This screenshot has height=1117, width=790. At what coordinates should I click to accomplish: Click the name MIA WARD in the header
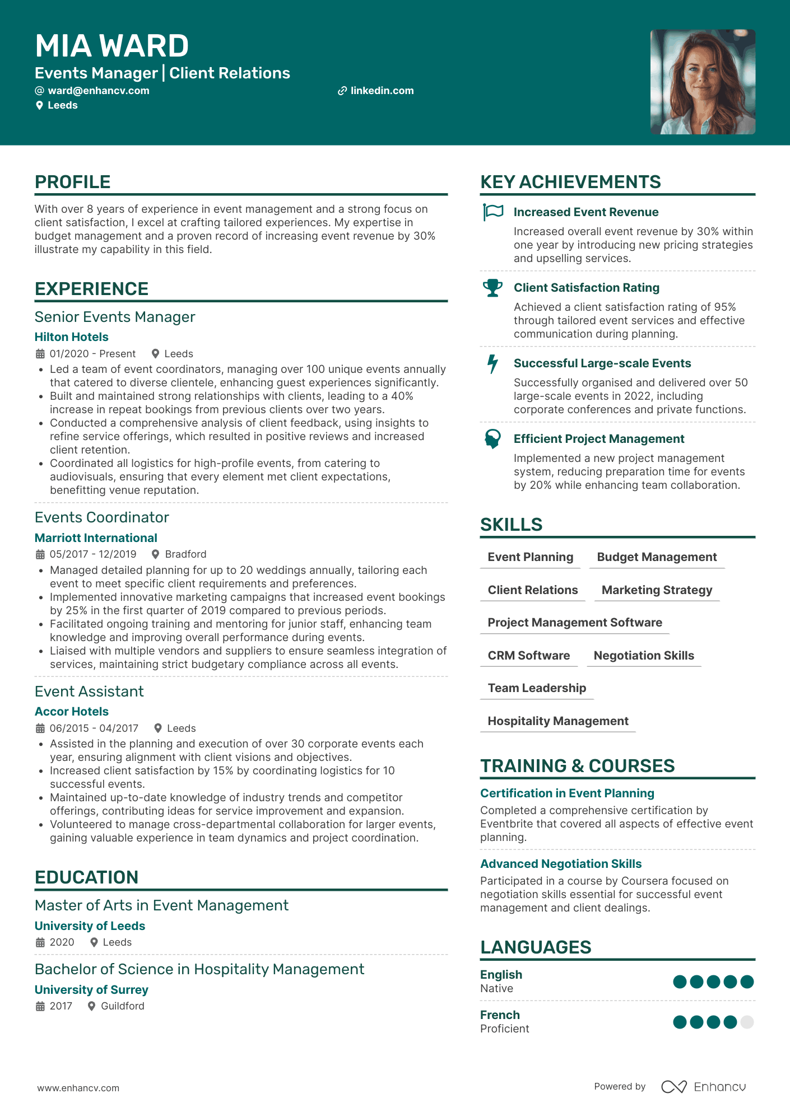point(111,46)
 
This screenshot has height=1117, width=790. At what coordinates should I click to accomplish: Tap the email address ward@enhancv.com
point(98,91)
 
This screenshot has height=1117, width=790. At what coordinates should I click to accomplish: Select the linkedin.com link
point(382,91)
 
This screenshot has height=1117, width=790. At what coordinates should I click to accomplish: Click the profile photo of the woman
point(702,82)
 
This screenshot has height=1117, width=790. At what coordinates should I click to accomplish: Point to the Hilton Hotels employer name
point(71,337)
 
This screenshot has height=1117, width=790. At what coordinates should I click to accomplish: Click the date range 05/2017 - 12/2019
point(93,554)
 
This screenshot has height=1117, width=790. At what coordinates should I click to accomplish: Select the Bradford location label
point(185,554)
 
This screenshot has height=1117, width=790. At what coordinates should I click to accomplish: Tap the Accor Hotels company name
point(71,712)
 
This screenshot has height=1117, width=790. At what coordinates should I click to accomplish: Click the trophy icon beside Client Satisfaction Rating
point(492,288)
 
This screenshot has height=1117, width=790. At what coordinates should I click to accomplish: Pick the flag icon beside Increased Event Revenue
point(493,212)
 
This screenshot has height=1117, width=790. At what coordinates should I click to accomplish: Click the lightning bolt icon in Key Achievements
point(492,364)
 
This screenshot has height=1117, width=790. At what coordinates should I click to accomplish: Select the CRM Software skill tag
point(528,656)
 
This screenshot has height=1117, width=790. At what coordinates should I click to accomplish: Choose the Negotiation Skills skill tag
point(643,656)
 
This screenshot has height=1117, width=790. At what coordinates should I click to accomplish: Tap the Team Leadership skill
point(536,688)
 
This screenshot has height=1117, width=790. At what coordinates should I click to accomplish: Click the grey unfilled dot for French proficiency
point(746,1022)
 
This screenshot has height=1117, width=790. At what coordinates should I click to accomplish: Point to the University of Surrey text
point(91,990)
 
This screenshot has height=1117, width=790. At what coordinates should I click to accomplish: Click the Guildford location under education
point(122,1006)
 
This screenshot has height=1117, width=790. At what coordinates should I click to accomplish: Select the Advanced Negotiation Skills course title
point(560,864)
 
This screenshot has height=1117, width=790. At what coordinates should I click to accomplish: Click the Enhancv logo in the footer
point(703,1087)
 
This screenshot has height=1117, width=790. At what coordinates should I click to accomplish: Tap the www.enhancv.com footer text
point(78,1088)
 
